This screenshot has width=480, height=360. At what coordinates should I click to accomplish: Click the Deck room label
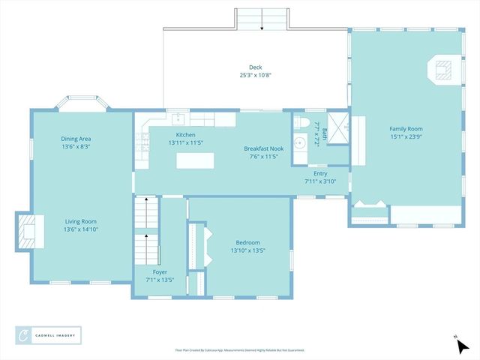tap(255, 67)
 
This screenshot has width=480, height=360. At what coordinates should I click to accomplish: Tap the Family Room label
tap(406, 128)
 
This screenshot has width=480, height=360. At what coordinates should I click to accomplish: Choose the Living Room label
tap(80, 221)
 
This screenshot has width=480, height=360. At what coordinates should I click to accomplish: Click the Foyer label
tap(159, 271)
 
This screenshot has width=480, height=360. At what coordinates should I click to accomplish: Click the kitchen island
tap(195, 160)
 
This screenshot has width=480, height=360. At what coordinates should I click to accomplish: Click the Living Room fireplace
tap(26, 231)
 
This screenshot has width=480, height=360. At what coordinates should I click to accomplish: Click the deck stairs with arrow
tap(262, 19)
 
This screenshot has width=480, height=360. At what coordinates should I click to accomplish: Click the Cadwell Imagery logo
tap(49, 334)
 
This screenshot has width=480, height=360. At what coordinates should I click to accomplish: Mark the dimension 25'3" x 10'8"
tap(255, 74)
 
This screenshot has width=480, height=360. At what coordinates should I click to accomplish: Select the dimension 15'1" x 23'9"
tap(406, 136)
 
